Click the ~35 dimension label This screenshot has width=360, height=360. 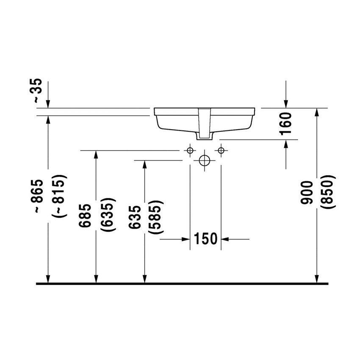pos(38,90)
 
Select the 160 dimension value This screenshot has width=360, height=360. pos(286,123)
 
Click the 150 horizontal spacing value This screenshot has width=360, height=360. pos(205,239)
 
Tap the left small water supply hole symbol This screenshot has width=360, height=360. pos(190,150)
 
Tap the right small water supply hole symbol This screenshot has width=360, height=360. pos(221,150)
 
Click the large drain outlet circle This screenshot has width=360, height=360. pos(205,161)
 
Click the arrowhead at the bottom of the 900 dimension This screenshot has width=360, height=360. pos(316,278)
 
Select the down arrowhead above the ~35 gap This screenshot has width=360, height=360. pos(48,103)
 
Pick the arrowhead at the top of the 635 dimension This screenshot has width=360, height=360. pos(145,165)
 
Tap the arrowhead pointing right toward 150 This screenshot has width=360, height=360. pos(185,240)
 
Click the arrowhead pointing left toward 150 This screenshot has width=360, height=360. pos(225,240)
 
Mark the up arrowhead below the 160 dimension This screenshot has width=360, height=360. pos(286,144)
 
